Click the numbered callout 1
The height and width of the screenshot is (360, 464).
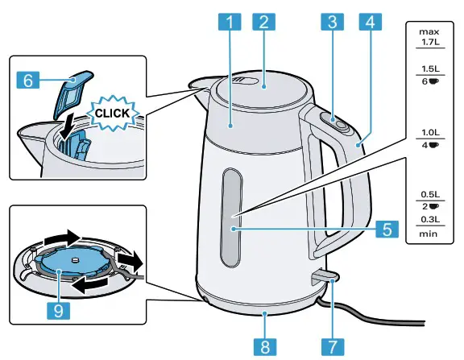tap(230, 23)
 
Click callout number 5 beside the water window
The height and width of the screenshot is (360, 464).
tap(387, 229)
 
